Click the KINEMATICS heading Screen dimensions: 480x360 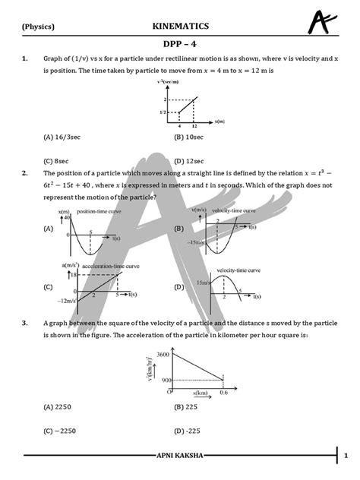point(180,27)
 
